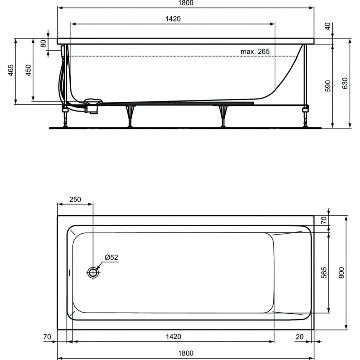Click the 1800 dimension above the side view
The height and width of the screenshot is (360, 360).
[x=186, y=3]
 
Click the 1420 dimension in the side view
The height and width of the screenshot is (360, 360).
[x=173, y=19]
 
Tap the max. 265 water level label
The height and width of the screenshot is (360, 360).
[x=255, y=51]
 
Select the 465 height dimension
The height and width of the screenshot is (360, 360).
[x=10, y=70]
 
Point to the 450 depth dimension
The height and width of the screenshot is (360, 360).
[x=28, y=70]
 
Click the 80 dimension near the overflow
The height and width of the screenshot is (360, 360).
[x=43, y=44]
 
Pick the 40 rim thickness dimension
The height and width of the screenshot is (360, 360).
[x=328, y=26]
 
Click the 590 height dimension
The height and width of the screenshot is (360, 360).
[x=328, y=86]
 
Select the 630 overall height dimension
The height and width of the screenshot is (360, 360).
[x=345, y=83]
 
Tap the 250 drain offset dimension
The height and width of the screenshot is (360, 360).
[x=75, y=199]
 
